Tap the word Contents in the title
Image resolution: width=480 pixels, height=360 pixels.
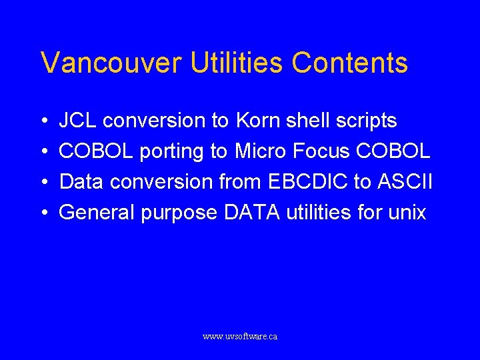pos(349,63)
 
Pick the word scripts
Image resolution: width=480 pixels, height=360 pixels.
pos(366,121)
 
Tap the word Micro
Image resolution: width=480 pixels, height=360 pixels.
pos(260,151)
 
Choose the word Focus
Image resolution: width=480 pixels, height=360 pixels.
pos(321,151)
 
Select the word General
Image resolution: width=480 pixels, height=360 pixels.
pos(97,213)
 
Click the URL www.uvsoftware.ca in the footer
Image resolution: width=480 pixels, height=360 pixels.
pos(240,337)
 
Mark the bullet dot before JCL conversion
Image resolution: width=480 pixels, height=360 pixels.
pos(43,121)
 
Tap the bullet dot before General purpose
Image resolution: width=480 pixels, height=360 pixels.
pos(43,213)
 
